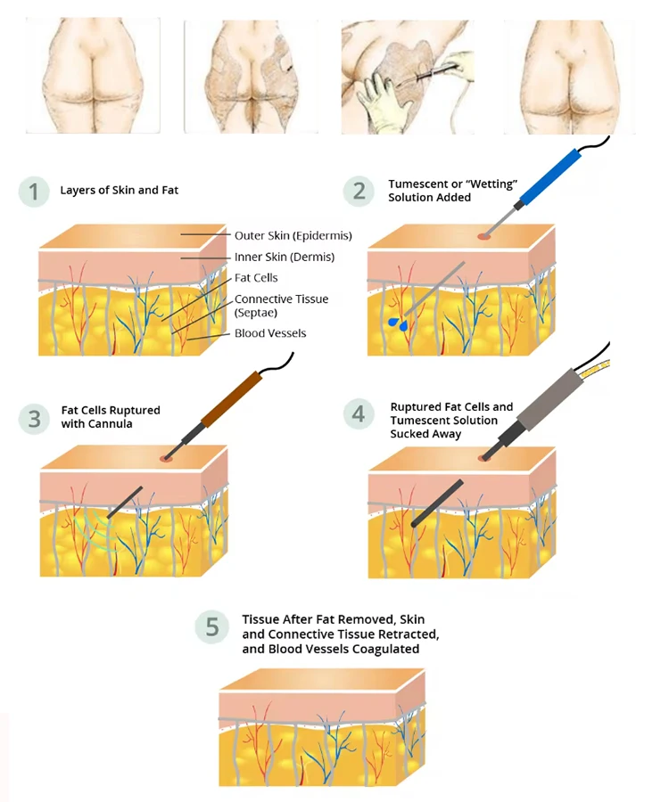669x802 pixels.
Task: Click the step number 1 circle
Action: pyautogui.click(x=34, y=192)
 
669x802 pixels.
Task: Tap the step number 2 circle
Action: pyautogui.click(x=359, y=190)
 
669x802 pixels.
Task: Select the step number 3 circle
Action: pyautogui.click(x=34, y=418)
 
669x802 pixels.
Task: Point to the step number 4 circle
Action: pyautogui.click(x=359, y=414)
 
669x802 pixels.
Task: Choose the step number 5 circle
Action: pyautogui.click(x=211, y=627)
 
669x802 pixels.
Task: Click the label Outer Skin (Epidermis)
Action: pyautogui.click(x=293, y=236)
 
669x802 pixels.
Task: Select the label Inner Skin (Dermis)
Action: pyautogui.click(x=284, y=258)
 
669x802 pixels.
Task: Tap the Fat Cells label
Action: pyautogui.click(x=256, y=278)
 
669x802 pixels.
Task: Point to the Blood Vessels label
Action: pyautogui.click(x=270, y=333)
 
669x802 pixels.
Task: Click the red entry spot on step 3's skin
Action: pyautogui.click(x=164, y=459)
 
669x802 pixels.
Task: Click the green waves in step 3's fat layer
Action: pyautogui.click(x=91, y=528)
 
